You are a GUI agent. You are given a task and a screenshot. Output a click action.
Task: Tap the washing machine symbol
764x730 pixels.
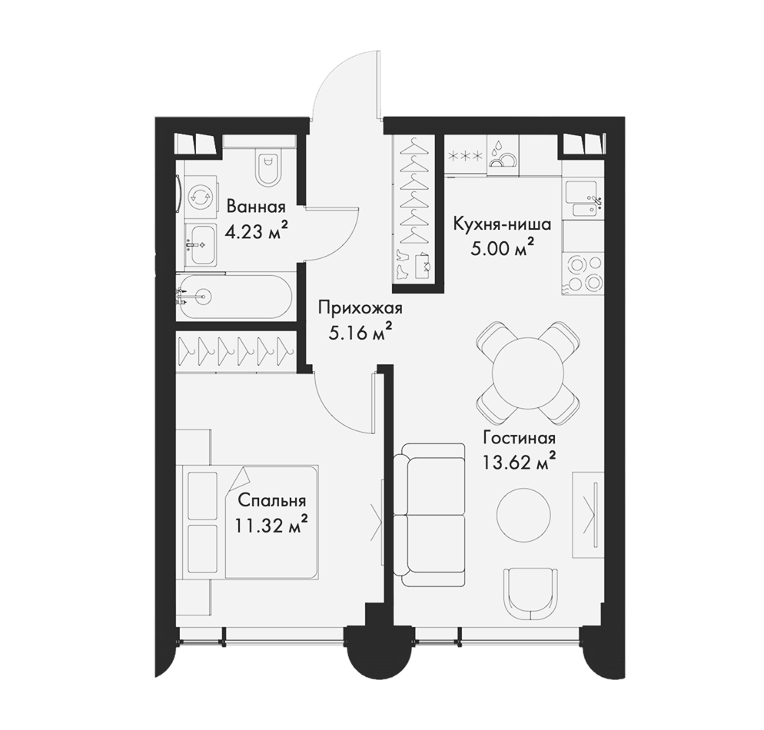click(201, 197)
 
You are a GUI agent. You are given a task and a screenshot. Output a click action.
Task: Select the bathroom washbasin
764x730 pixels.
click(201, 244)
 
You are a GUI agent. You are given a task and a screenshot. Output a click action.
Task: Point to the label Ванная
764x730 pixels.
click(256, 207)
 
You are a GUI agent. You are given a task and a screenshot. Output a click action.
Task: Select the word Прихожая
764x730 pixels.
click(360, 309)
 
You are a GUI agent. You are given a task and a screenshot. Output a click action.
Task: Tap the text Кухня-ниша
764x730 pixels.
click(502, 224)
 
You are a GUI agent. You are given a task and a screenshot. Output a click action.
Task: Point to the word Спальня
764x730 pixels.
click(272, 501)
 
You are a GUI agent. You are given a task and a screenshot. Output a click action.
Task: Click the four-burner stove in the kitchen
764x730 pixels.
click(583, 274)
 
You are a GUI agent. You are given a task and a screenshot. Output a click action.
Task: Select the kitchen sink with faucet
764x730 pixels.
click(583, 200)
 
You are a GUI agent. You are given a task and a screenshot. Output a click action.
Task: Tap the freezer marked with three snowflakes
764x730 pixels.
click(465, 156)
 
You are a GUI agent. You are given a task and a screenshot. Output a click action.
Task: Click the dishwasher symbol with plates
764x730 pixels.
click(503, 156)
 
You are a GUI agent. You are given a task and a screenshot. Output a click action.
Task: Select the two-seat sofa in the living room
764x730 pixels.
click(429, 516)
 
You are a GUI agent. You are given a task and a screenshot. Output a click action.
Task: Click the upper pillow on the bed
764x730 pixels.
click(203, 495)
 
